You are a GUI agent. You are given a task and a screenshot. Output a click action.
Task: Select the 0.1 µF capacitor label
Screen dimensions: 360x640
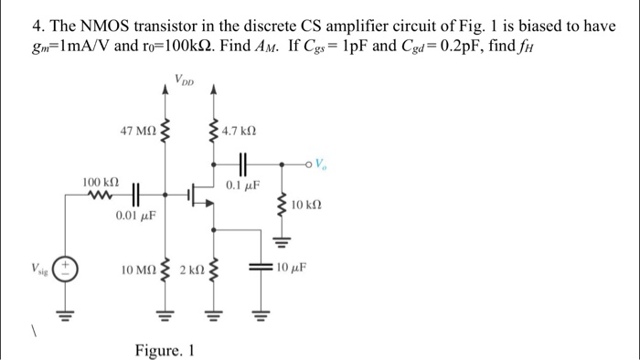pos(242,185)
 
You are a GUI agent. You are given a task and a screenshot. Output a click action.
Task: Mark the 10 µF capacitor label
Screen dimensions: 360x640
pos(291,269)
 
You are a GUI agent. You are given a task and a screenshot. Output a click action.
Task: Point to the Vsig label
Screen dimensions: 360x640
pos(37,271)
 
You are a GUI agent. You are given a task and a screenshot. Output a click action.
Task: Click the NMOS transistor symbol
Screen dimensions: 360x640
pos(197,194)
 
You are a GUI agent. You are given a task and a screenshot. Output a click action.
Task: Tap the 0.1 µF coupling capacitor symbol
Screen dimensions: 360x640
pos(242,164)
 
